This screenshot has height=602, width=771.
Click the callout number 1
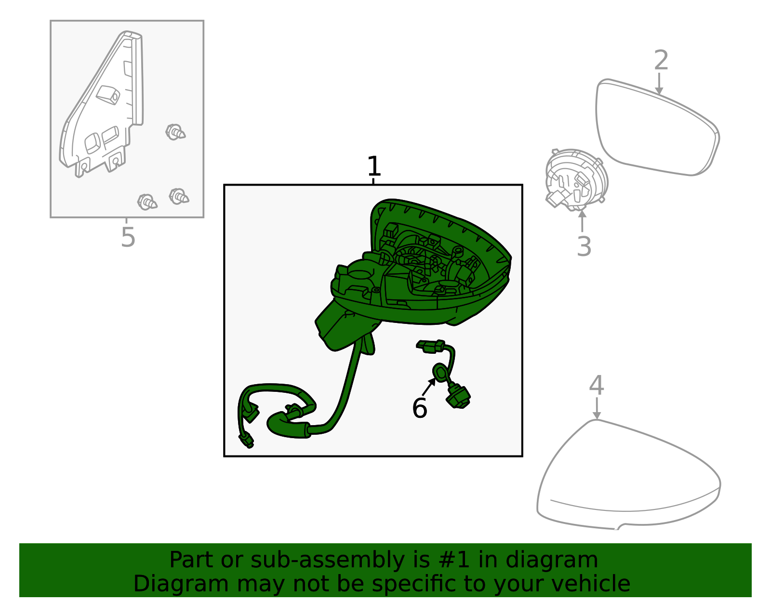[x=374, y=166]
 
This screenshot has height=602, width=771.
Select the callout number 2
[x=661, y=60]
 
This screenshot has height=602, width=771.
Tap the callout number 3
[x=584, y=247]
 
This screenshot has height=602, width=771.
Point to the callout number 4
[x=597, y=386]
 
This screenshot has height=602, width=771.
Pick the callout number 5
[x=128, y=237]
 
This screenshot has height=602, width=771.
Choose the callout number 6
[x=419, y=408]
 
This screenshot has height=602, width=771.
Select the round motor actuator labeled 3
[x=576, y=180]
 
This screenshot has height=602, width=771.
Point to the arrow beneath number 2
[x=659, y=84]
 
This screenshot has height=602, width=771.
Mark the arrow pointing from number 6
[x=429, y=387]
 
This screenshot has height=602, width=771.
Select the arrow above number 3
[x=582, y=221]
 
